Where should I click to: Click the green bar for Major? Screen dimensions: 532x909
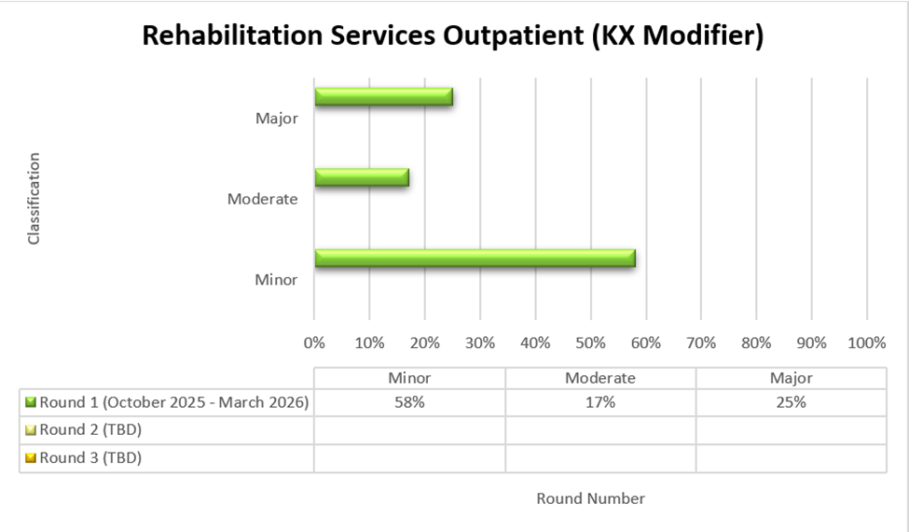(x=383, y=96)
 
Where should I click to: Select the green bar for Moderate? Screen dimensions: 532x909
(x=362, y=177)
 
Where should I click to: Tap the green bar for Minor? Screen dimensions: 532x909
(x=475, y=259)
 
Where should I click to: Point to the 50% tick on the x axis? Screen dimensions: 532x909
(x=591, y=343)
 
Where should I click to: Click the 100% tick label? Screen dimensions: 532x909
(x=866, y=343)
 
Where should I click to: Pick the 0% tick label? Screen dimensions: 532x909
(x=315, y=343)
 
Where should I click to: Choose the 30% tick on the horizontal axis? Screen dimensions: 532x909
(x=480, y=343)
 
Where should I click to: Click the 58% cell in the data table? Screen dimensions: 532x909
(x=409, y=403)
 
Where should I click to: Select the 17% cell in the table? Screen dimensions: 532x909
(x=600, y=403)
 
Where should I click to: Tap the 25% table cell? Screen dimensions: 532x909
(x=791, y=403)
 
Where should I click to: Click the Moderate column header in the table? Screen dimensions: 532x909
(x=600, y=378)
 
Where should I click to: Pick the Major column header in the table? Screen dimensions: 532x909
(x=791, y=378)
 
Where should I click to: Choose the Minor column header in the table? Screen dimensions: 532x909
(x=409, y=378)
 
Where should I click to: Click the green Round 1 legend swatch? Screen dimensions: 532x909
(x=31, y=403)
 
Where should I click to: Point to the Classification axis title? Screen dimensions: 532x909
(x=34, y=198)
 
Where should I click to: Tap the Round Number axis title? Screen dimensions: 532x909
(x=590, y=498)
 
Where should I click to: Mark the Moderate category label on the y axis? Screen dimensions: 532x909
(x=263, y=199)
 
